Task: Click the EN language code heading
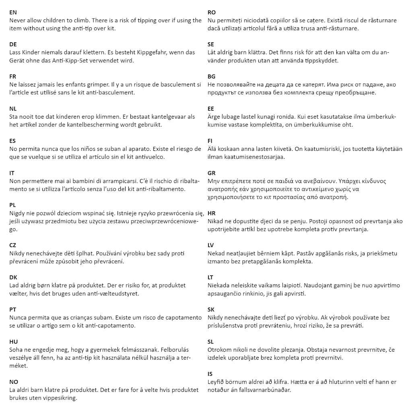click(13, 12)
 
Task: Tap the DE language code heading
click(13, 44)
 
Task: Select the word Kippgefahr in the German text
click(152, 52)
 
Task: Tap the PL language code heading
click(12, 205)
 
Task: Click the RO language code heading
click(212, 12)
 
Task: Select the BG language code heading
click(212, 76)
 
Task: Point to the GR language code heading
click(212, 173)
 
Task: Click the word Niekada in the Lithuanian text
click(218, 286)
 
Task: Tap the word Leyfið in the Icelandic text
click(216, 382)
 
